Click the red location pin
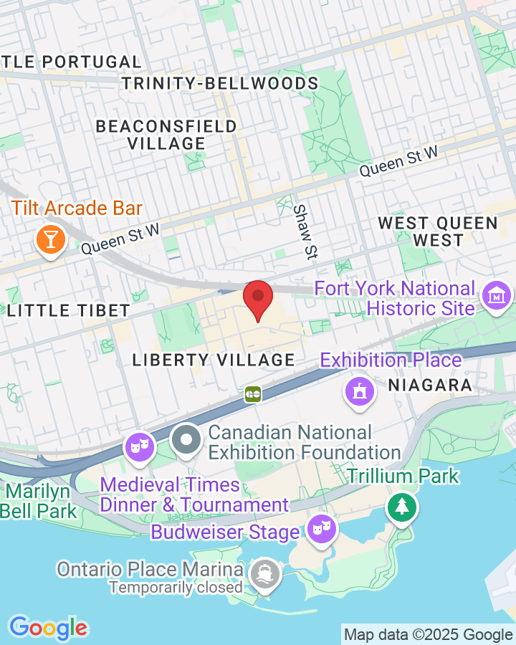(x=258, y=298)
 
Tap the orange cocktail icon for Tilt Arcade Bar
(x=50, y=238)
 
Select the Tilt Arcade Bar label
(x=77, y=209)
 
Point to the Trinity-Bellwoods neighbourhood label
(x=220, y=84)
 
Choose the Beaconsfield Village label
(x=166, y=135)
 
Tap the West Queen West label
(x=437, y=231)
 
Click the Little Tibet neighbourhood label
(x=69, y=311)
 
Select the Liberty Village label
(x=214, y=360)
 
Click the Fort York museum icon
(x=496, y=295)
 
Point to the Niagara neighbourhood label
(x=430, y=386)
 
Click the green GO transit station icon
(x=252, y=393)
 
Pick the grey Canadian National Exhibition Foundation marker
(x=187, y=441)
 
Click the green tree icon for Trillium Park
(x=402, y=507)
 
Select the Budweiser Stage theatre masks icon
(x=320, y=530)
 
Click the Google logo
(x=48, y=629)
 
